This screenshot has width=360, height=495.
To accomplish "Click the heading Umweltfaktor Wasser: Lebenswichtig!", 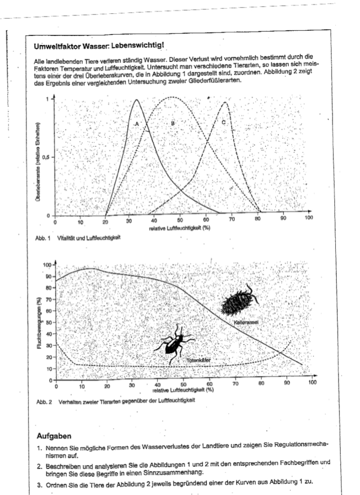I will click(99, 46).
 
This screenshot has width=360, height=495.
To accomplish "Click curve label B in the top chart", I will click(173, 123).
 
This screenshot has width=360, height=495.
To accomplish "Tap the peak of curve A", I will click(136, 100).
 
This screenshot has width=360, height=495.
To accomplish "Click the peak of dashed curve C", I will click(225, 102).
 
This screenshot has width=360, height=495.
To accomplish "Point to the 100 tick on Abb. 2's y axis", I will click(47, 265).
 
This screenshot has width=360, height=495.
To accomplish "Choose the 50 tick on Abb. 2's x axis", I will click(184, 385).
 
